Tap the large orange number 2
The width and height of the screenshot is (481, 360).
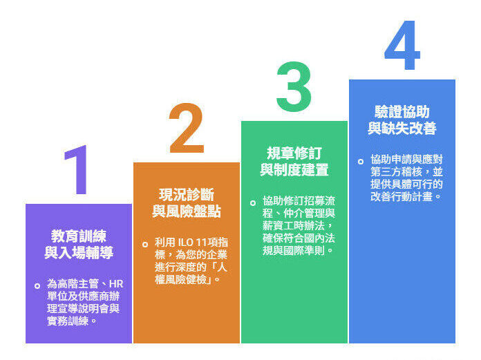click(186, 129)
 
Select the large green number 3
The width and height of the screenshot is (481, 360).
click(293, 88)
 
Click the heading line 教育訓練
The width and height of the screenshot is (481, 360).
click(79, 236)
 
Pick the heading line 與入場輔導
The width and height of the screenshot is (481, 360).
click(79, 253)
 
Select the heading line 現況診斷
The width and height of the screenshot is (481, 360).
click(187, 194)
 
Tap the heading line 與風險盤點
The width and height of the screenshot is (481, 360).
click(187, 211)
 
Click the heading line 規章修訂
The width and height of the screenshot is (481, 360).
click(294, 153)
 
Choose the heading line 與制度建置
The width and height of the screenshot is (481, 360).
click(294, 170)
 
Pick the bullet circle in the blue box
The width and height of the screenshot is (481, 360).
click(360, 161)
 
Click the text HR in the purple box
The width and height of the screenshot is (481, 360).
click(117, 284)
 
